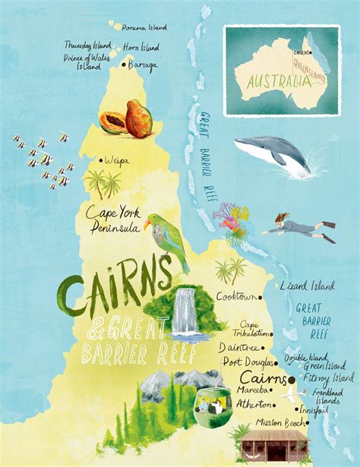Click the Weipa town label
click(x=106, y=160)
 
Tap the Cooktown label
click(x=235, y=296)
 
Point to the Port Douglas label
click(x=248, y=362)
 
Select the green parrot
click(x=169, y=238)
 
